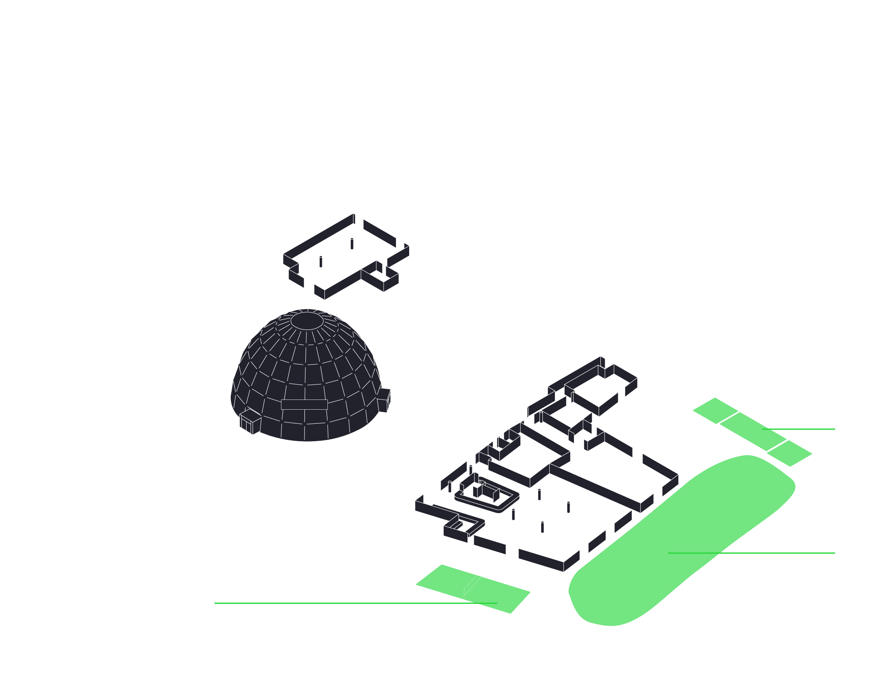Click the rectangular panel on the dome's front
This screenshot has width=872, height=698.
click(304, 404)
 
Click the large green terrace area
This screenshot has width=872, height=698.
click(681, 541)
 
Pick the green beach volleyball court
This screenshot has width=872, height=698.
click(473, 589)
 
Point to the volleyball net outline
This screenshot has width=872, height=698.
click(475, 581)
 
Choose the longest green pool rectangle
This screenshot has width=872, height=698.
click(752, 431)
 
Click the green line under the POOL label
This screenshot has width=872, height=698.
click(805, 429)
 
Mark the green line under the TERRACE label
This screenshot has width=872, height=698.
click(779, 553)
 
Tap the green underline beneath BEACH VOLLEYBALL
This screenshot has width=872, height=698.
click(341, 603)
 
